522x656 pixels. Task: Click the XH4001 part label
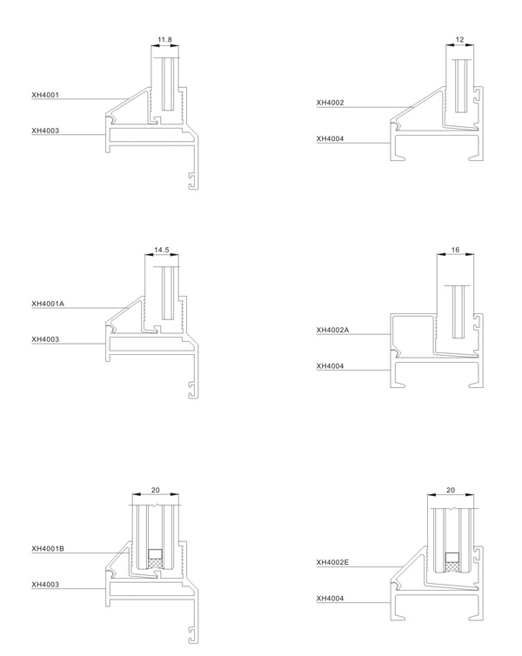(x=45, y=95)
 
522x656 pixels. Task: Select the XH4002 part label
(x=330, y=103)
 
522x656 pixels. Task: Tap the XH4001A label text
(x=48, y=304)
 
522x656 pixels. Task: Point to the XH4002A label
(x=332, y=330)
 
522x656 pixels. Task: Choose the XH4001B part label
(x=48, y=548)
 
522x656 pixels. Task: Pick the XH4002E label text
(x=332, y=562)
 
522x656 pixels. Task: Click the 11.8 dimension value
(x=164, y=40)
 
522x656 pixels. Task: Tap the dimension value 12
(x=459, y=40)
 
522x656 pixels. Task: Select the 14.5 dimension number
(x=162, y=251)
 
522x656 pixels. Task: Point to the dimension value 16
(x=456, y=250)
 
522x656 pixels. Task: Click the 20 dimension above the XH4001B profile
(x=155, y=490)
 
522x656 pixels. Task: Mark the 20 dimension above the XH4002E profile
(x=451, y=490)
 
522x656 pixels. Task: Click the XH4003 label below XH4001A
(x=45, y=339)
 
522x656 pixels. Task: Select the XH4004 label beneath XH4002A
(x=330, y=366)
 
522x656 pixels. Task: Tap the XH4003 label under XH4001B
(x=45, y=585)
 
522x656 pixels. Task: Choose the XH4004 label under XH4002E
(x=330, y=599)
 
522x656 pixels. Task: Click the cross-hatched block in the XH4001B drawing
(x=155, y=564)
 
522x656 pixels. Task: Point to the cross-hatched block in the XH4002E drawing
(x=452, y=567)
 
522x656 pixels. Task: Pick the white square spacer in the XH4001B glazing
(x=155, y=554)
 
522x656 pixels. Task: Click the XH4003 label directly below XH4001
(x=45, y=131)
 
